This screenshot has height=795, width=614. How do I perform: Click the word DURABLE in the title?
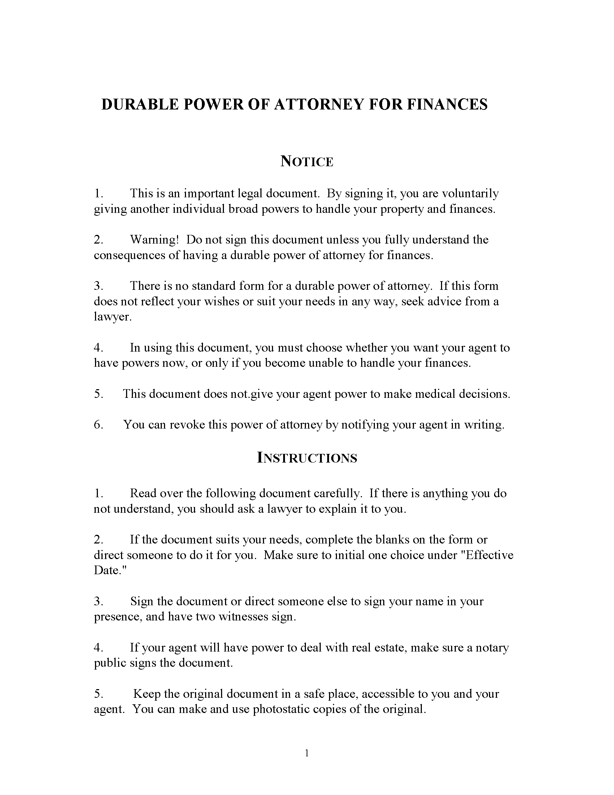[140, 104]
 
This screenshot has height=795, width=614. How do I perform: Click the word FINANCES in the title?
[447, 104]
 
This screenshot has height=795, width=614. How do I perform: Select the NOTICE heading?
[307, 161]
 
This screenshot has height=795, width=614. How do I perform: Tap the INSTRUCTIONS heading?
[307, 457]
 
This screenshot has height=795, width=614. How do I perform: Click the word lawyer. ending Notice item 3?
[112, 317]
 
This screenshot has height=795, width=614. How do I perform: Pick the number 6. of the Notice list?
[99, 425]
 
